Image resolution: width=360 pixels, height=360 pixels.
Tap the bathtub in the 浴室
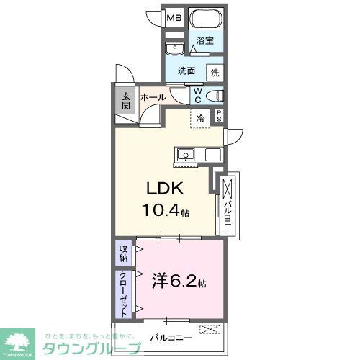coord(204,19)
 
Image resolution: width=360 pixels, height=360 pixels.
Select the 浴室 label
coord(204,42)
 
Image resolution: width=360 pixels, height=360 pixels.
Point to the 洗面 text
coord(187,71)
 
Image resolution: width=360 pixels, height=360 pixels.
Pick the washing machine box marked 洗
coord(215,72)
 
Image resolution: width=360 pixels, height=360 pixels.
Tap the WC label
coord(195,95)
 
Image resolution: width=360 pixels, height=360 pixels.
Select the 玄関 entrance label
coord(125,101)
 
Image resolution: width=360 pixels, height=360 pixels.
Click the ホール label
coord(153,97)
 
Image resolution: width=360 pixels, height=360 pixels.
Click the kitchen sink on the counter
coord(185,154)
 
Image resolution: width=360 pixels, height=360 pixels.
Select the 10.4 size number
coord(160,213)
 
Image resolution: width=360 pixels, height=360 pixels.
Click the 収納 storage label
coord(123,254)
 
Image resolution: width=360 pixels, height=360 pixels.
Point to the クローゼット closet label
coord(123,294)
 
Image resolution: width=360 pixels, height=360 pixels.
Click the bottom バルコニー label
coord(171,336)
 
